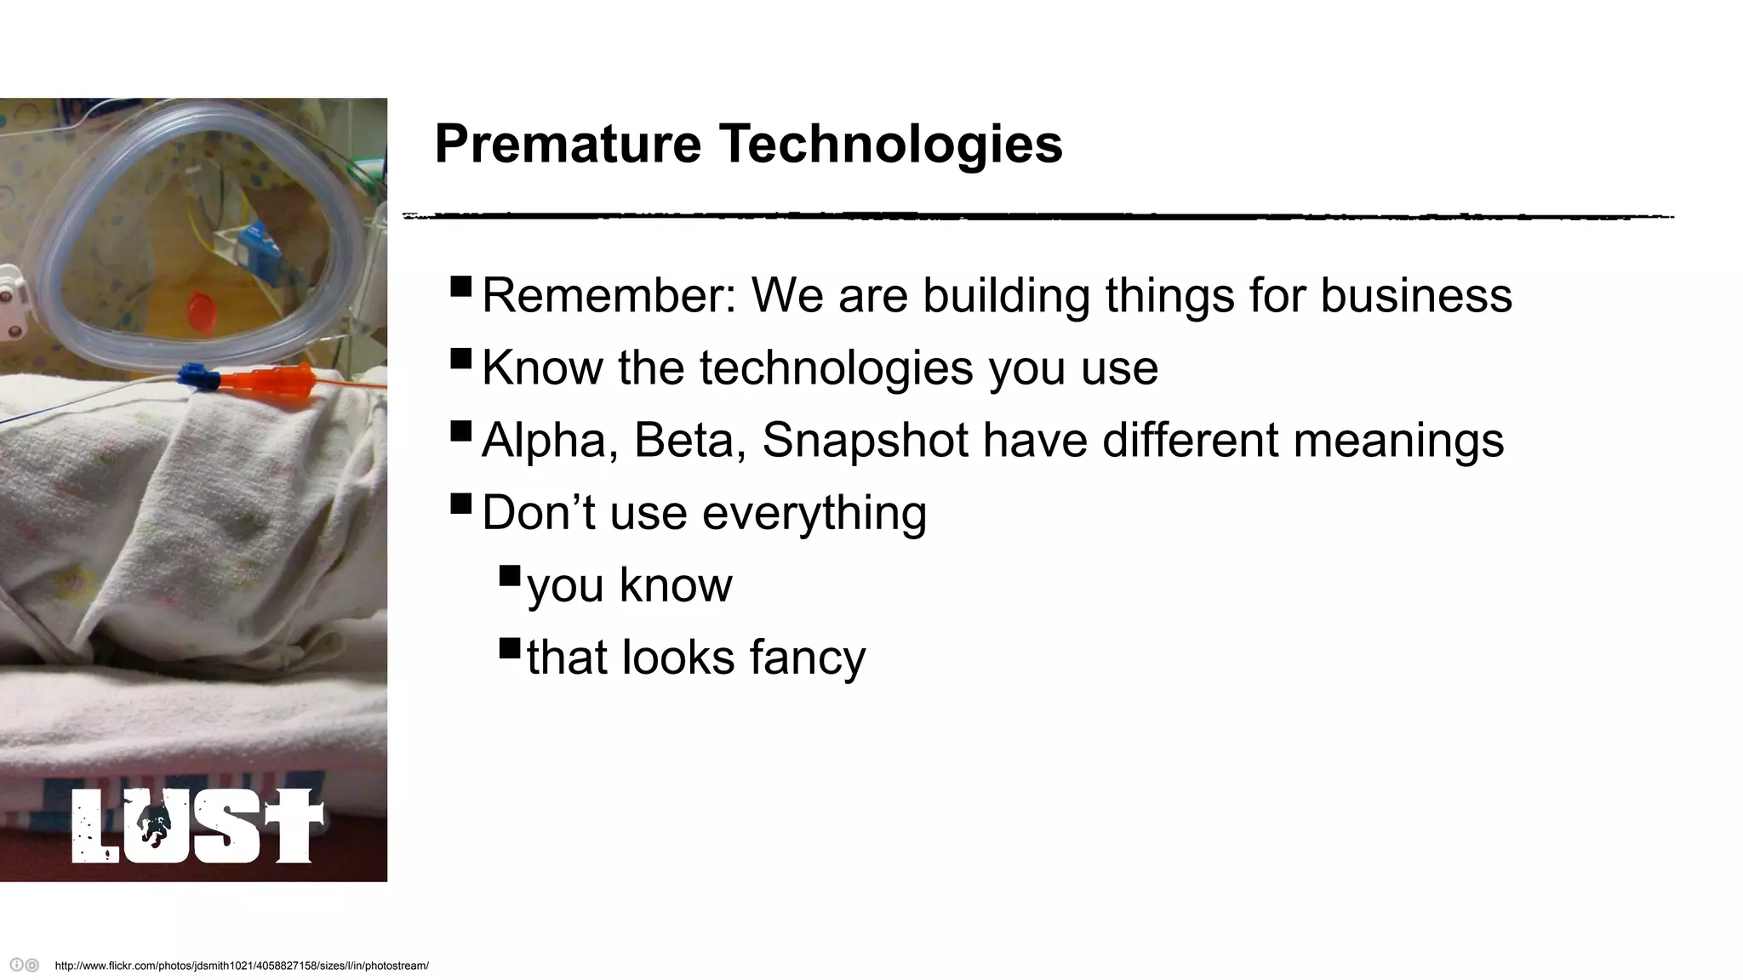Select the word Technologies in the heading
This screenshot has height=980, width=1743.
coord(891,143)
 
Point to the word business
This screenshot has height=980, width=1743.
coord(1416,295)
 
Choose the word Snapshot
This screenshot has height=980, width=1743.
coord(865,440)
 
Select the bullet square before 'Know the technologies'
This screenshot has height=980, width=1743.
coord(461,358)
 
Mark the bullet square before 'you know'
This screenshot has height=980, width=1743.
coord(510,576)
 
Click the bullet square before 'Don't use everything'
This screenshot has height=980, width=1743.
coord(461,504)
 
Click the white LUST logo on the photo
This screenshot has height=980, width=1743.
coord(197,825)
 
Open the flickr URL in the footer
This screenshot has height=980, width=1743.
coord(242,966)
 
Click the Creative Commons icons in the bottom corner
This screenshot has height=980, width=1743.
coord(24,966)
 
